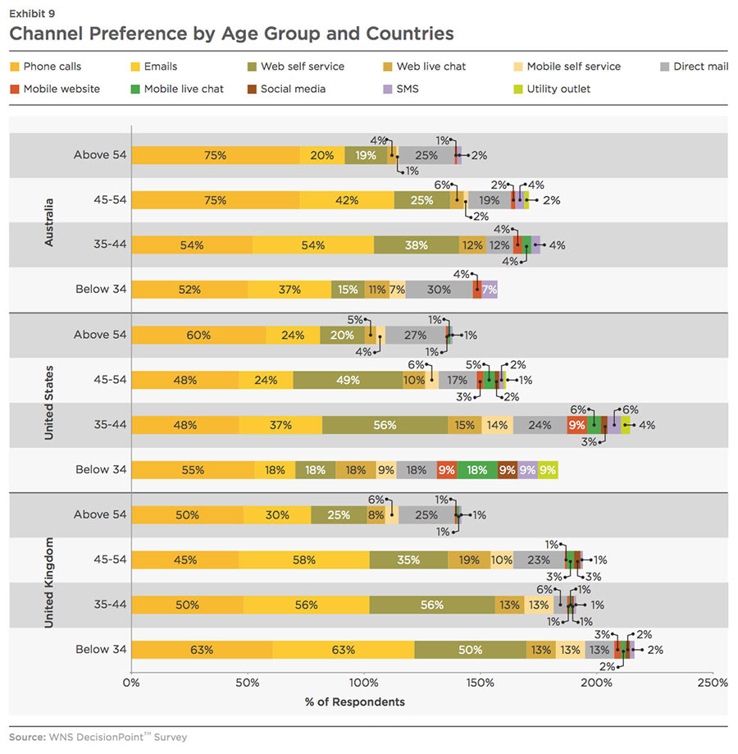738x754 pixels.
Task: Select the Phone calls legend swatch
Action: click(15, 66)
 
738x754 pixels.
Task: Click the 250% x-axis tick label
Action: click(712, 683)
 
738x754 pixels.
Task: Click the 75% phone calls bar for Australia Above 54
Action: click(216, 155)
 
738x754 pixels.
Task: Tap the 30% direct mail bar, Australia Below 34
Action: click(439, 289)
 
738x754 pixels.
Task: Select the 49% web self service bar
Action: click(347, 380)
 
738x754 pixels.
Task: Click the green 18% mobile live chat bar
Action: click(476, 469)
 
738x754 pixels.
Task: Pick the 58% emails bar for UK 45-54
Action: click(304, 560)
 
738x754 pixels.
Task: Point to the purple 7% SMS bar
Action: click(490, 289)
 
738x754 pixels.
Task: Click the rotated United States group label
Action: click(48, 402)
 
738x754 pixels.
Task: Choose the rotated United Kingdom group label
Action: click(48, 583)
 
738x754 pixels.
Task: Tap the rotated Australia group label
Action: click(48, 222)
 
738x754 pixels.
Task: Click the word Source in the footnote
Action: click(26, 737)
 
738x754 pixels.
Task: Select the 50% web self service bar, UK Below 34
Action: click(470, 650)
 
